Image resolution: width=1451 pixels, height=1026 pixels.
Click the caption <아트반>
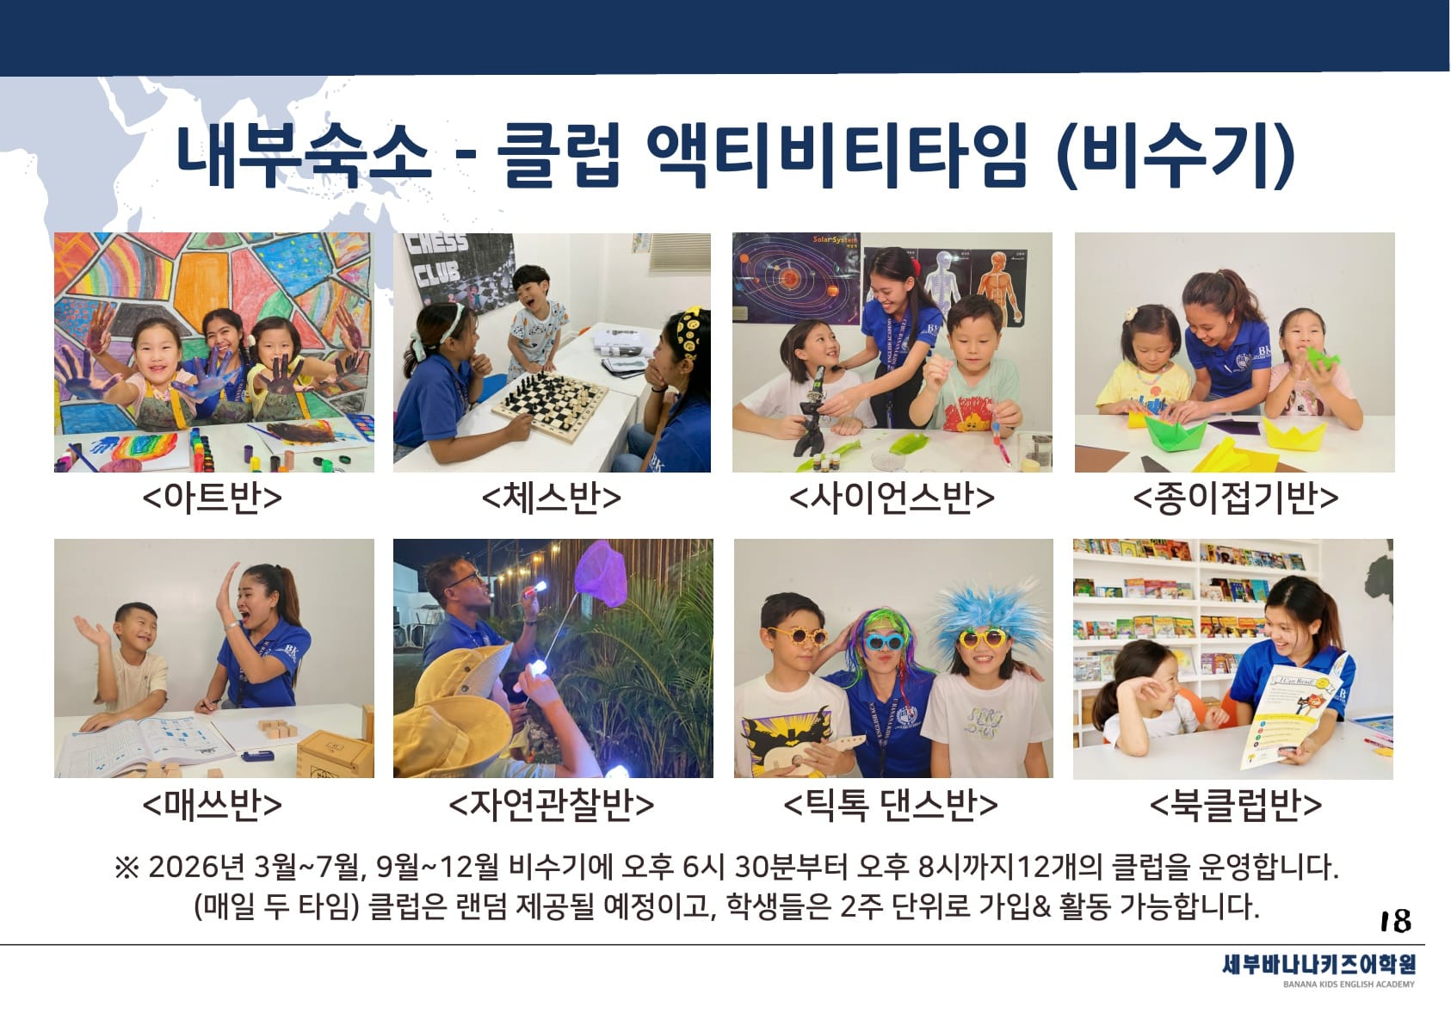click(x=213, y=498)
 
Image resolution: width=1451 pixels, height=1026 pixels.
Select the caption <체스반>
click(x=552, y=498)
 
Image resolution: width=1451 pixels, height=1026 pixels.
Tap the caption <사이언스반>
click(x=892, y=498)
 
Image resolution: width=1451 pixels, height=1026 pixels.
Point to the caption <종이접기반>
click(x=1235, y=498)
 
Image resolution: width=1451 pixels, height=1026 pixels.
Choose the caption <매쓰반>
click(x=213, y=805)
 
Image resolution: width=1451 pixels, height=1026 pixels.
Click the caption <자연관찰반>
click(x=552, y=805)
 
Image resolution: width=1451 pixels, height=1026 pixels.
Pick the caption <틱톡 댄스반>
click(x=891, y=805)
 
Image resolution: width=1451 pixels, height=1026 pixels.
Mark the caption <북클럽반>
click(x=1235, y=805)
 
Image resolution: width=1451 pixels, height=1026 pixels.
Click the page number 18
click(x=1395, y=920)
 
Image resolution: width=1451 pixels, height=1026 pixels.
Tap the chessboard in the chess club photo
click(x=550, y=405)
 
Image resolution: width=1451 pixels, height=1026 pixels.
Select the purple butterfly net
click(x=599, y=574)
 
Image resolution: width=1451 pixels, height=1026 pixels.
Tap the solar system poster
click(x=796, y=278)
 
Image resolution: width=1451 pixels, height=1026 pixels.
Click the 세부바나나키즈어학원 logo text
click(x=1318, y=964)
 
